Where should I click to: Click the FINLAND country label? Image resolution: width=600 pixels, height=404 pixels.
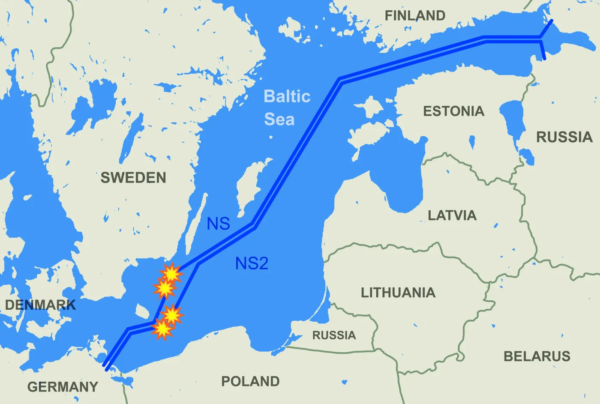click(x=415, y=16)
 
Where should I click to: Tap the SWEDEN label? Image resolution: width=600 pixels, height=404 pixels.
click(x=133, y=178)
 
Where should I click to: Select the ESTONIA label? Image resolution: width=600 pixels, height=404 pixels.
click(x=453, y=111)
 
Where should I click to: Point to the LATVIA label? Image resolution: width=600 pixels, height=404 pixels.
click(x=452, y=215)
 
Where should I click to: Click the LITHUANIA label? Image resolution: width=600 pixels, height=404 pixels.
click(x=398, y=293)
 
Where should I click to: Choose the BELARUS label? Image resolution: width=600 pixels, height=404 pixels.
click(x=537, y=356)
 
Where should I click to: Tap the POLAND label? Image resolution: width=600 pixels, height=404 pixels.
click(x=250, y=381)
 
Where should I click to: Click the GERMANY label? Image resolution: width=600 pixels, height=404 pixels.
click(x=63, y=386)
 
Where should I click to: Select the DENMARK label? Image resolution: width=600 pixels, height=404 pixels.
click(x=40, y=305)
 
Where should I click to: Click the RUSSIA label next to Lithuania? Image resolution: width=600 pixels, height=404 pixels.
click(x=334, y=335)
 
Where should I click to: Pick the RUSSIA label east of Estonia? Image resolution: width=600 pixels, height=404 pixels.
click(x=564, y=137)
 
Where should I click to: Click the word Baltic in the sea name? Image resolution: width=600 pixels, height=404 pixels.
click(x=287, y=96)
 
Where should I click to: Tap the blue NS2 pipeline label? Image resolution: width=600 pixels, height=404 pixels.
click(x=252, y=263)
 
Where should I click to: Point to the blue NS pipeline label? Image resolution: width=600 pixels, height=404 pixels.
click(x=218, y=224)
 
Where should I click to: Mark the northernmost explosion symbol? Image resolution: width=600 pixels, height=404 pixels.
click(x=171, y=273)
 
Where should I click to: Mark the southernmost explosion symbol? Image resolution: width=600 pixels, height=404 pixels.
click(x=162, y=329)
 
